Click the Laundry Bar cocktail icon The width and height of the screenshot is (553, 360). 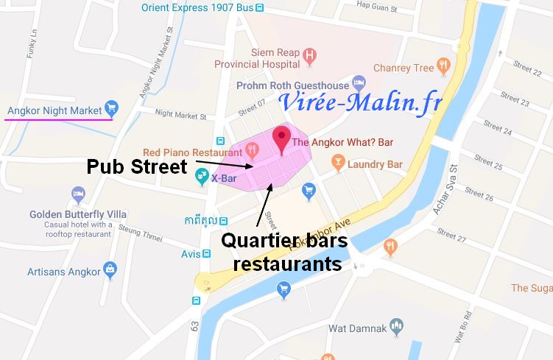click(338, 163)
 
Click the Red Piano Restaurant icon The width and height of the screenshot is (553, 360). click(252, 152)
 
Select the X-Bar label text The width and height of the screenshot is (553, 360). click(224, 177)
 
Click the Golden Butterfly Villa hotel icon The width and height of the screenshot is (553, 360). click(78, 194)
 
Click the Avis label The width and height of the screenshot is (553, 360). click(190, 254)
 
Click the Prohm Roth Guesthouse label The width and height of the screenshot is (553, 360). click(292, 85)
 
